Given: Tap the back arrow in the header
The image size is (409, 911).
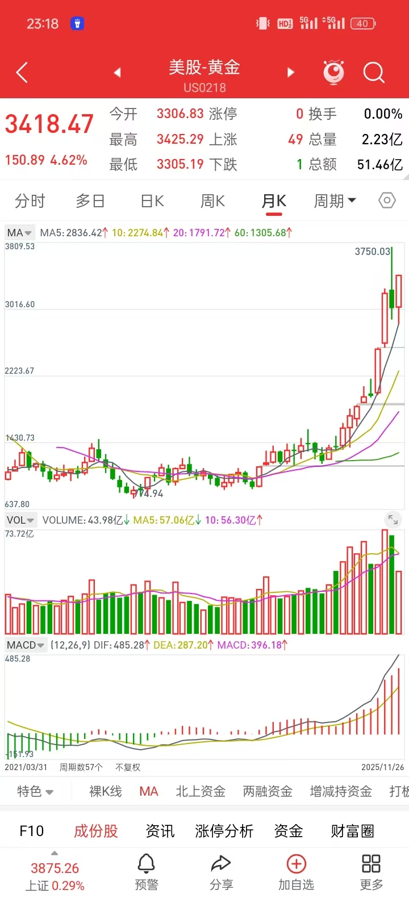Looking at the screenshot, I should coord(22,73).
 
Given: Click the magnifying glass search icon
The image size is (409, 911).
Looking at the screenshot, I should coord(374,73).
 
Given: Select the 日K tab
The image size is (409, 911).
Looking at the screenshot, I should coord(152,201).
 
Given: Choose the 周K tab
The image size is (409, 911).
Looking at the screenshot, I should coord(212,201).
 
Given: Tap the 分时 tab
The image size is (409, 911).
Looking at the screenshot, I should coord(30,201).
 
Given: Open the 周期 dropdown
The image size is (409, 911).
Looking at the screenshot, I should coord(335,201).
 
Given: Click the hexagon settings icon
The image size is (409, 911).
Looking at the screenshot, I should coord(387,200).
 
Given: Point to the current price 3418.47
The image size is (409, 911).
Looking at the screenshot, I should coord(49,124).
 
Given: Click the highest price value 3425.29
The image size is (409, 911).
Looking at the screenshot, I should coord(180,139).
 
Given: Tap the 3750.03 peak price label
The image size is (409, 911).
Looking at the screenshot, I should coord(372,252).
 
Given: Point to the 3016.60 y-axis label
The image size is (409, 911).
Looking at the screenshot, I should coord(20,304).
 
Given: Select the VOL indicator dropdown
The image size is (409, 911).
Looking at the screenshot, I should coord(20,520).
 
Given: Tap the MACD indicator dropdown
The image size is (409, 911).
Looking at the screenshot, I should coord(25,645).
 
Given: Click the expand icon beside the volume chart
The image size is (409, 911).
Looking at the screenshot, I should coord(393,519).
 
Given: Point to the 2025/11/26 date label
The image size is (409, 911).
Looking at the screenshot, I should coord(382,767).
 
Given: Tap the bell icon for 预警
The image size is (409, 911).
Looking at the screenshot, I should coord(146,864).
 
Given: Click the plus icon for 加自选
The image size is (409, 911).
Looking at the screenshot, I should coord(296,864).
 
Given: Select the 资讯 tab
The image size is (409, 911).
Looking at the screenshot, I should coord(160,831).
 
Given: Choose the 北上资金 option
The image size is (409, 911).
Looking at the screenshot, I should coord(201,791).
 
